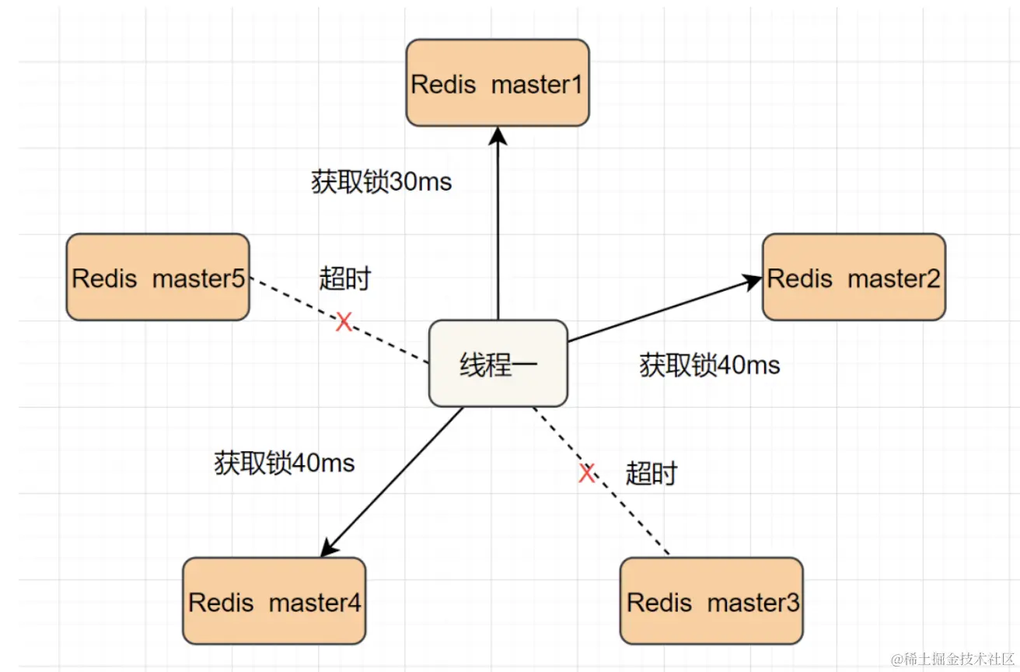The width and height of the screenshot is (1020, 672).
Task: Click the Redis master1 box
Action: (x=498, y=82)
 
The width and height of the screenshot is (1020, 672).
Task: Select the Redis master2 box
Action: (x=854, y=277)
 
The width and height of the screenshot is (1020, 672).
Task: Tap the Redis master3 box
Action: (x=711, y=600)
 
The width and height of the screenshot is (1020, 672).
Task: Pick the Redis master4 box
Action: (x=274, y=600)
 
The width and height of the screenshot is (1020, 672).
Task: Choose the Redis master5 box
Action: (x=158, y=277)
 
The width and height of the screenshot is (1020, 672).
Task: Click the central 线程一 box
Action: (x=498, y=363)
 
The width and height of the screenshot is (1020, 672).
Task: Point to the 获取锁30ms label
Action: (x=381, y=183)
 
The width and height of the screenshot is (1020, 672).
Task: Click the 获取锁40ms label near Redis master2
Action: (x=709, y=365)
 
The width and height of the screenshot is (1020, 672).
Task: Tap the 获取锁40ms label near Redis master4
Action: (x=284, y=464)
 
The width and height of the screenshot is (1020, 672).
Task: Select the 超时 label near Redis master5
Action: (x=344, y=278)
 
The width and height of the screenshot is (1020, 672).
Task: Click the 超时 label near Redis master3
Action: (x=651, y=473)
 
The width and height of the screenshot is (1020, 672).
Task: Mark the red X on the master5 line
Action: (x=344, y=322)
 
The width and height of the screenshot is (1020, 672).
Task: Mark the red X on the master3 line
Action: (x=587, y=472)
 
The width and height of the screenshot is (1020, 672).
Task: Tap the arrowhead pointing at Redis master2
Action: (x=752, y=282)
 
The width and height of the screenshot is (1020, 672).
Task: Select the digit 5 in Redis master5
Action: (x=238, y=278)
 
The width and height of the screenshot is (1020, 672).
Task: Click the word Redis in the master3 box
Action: (x=659, y=602)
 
